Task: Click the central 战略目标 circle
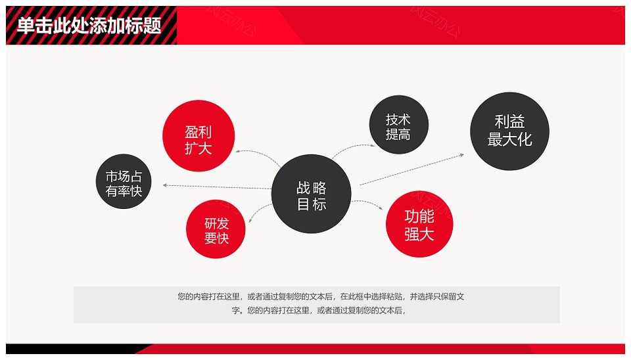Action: click(x=311, y=194)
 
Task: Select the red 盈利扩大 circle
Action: click(x=199, y=136)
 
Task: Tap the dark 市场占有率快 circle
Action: click(x=124, y=181)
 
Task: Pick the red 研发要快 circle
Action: click(x=216, y=229)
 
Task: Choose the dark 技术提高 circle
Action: click(x=399, y=125)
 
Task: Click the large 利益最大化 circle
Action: click(x=509, y=131)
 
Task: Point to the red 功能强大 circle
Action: click(x=419, y=224)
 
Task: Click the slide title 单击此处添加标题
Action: click(x=89, y=26)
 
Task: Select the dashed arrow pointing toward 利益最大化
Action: click(x=411, y=169)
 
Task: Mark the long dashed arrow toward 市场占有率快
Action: click(x=217, y=187)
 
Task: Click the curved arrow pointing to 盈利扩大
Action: click(x=258, y=156)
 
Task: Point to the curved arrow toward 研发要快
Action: click(x=259, y=212)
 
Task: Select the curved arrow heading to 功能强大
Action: click(x=367, y=204)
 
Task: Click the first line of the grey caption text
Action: click(x=321, y=297)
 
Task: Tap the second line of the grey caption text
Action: click(x=318, y=311)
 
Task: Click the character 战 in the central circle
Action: click(x=303, y=187)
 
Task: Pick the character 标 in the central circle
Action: click(x=319, y=204)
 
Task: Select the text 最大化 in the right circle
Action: click(x=509, y=139)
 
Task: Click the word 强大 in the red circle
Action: click(x=419, y=234)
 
